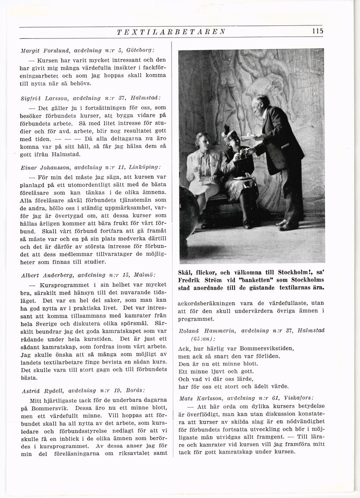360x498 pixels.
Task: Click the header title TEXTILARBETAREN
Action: [171, 32]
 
